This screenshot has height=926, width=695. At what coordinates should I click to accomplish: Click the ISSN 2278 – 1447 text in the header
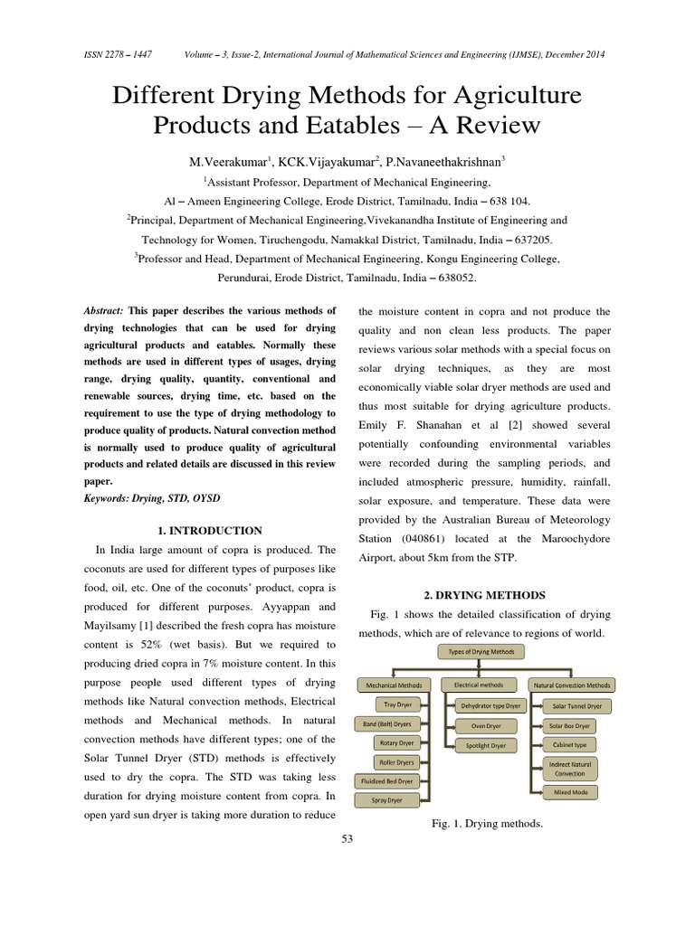(x=119, y=54)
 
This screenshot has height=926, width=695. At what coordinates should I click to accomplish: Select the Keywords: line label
(x=117, y=498)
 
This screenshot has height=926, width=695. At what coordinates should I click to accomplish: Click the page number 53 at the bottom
(x=347, y=838)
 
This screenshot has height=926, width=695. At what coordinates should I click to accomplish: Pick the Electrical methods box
(x=479, y=685)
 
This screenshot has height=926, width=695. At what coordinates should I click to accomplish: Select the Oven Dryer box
(x=485, y=725)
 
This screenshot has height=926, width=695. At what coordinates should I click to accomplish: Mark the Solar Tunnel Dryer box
(x=576, y=705)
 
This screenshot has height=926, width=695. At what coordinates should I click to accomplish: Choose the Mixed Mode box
(x=570, y=792)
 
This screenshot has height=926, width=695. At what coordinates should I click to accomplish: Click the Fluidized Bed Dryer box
(x=386, y=780)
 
